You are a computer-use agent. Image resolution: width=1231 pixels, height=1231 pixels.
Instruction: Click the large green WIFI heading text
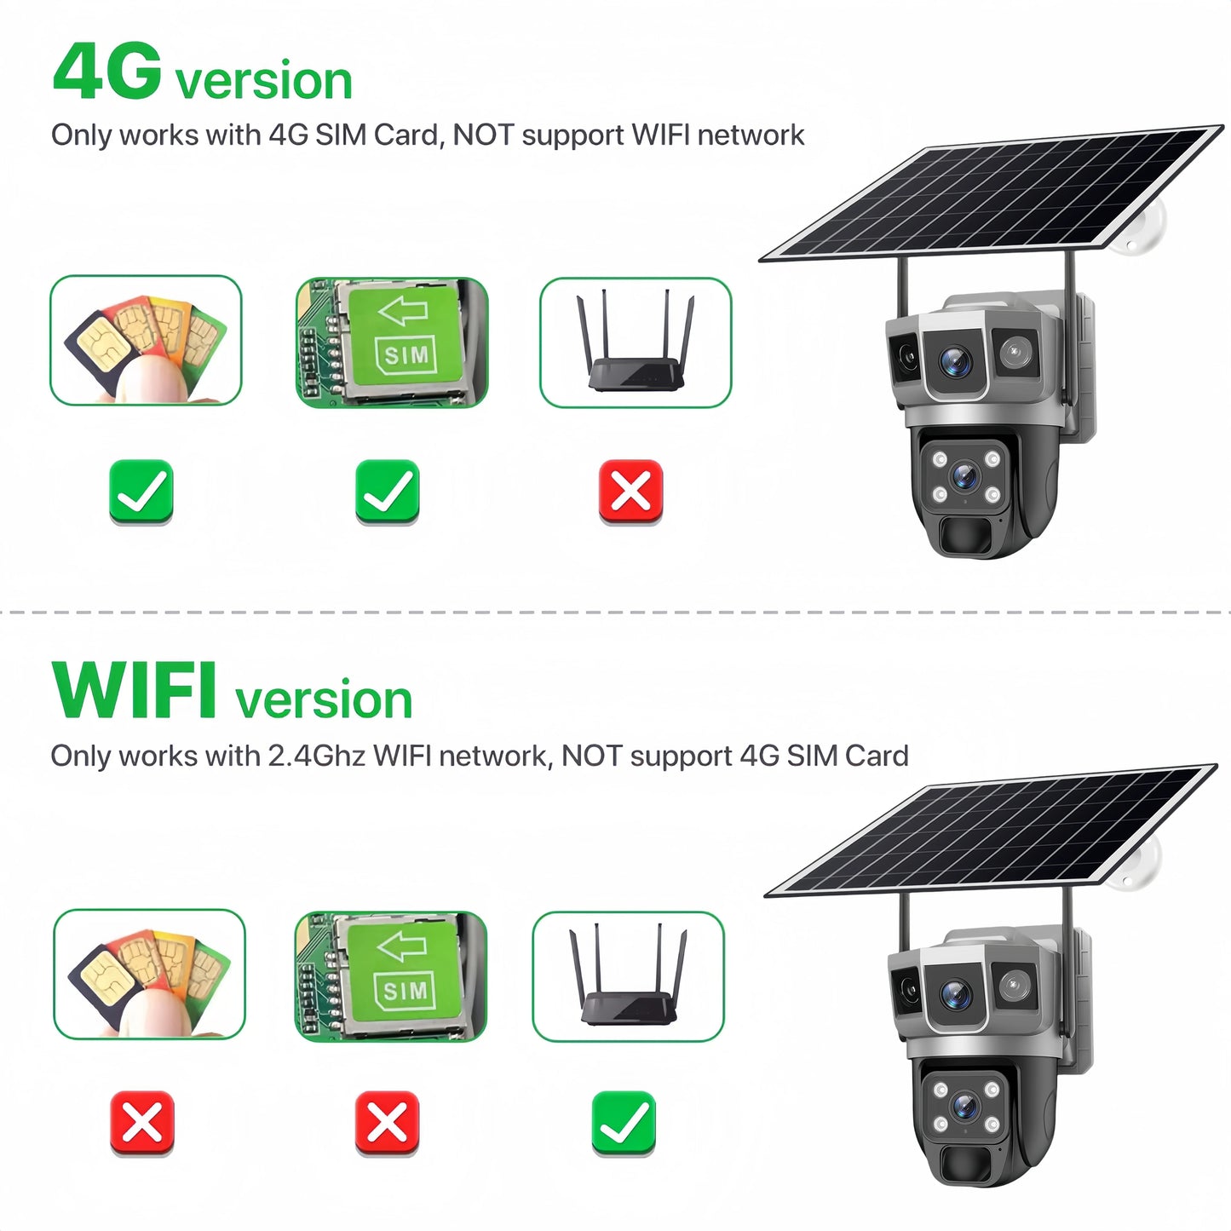pos(133,690)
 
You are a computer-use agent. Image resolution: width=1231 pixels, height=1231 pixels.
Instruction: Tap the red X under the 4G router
pos(630,492)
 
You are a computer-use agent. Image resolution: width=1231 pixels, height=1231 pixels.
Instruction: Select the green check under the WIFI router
pos(624,1123)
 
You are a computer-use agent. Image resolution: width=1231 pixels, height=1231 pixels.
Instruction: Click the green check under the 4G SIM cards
pos(141,492)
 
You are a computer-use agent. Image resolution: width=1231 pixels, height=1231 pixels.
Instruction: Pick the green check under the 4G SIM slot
pos(387,492)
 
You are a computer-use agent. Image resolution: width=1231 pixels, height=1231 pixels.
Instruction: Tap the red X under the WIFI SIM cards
pos(142,1123)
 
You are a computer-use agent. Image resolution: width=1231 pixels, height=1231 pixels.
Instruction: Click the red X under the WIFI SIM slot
pos(387,1123)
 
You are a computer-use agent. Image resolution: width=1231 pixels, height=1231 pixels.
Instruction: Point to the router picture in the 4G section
pos(636,342)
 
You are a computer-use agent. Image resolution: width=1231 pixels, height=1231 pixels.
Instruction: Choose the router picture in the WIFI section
pos(629,976)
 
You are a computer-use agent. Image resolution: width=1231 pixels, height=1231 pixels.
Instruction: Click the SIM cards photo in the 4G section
pos(146,340)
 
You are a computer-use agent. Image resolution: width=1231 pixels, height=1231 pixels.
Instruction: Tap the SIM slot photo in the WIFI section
pos(391,976)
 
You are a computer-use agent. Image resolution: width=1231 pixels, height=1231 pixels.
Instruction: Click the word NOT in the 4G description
pos(483,135)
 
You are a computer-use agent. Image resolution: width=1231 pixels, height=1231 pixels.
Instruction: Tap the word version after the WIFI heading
pos(324,700)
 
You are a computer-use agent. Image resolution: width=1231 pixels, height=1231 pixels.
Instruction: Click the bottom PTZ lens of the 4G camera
pos(965,476)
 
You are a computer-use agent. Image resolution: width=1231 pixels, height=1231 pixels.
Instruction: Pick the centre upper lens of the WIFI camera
pos(956,993)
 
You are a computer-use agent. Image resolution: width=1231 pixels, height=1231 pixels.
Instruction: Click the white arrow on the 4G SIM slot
pos(403,311)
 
